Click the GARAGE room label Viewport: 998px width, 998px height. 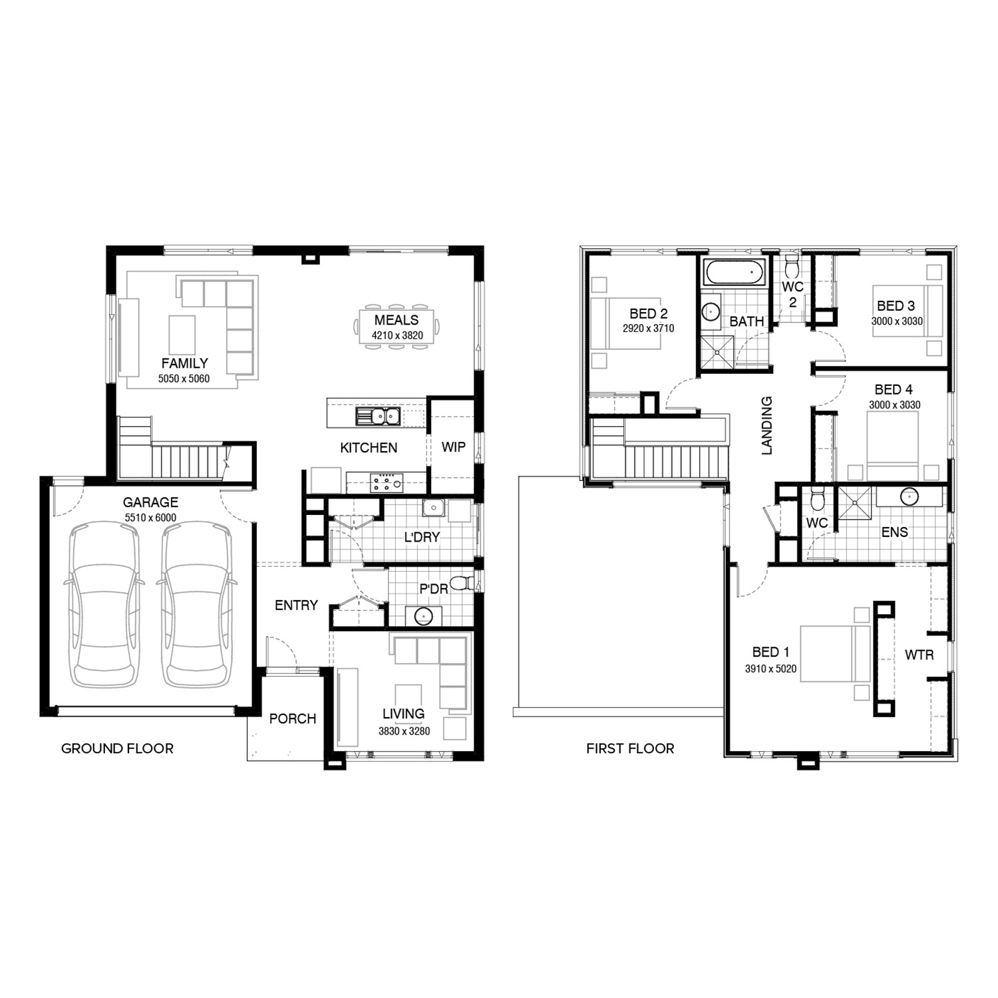pos(150,502)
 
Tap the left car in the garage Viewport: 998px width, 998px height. pos(105,604)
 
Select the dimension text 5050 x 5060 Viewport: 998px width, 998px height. pos(184,379)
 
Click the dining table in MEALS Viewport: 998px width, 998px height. pos(397,327)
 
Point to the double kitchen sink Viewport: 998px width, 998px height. pos(377,416)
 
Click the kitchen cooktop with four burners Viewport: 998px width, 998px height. pos(387,482)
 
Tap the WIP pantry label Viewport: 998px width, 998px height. pos(453,447)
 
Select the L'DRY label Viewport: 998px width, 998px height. pos(422,537)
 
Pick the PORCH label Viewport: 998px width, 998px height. pos(292,719)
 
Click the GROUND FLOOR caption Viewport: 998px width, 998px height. pos(117,748)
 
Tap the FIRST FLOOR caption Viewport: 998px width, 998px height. pos(630,748)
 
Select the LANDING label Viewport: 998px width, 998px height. pos(767,426)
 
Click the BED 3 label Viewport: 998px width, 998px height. pos(896,306)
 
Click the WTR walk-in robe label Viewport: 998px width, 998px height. pos(919,655)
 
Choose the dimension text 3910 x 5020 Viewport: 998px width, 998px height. pos(770,669)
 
